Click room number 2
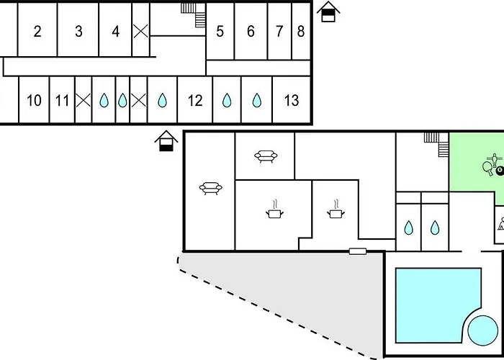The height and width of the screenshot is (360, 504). [x=37, y=32]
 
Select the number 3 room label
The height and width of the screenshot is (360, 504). [x=78, y=32]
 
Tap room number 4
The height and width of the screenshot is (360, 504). [x=116, y=32]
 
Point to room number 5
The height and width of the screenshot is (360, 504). [x=220, y=32]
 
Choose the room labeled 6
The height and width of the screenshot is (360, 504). [x=251, y=32]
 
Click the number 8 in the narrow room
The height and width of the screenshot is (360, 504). [x=301, y=32]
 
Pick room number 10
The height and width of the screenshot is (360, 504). [x=34, y=101]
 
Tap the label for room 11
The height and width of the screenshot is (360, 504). [x=62, y=101]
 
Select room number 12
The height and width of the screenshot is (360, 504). [x=195, y=101]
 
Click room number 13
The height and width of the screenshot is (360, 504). [x=291, y=101]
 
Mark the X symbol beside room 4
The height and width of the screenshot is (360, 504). [x=141, y=31]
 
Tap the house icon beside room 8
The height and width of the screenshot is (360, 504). [x=328, y=12]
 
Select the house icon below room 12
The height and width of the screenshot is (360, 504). [x=167, y=141]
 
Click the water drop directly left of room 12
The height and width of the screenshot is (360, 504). [x=162, y=101]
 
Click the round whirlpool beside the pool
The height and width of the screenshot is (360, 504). [x=482, y=330]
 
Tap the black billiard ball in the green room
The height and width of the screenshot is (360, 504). [x=500, y=168]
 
